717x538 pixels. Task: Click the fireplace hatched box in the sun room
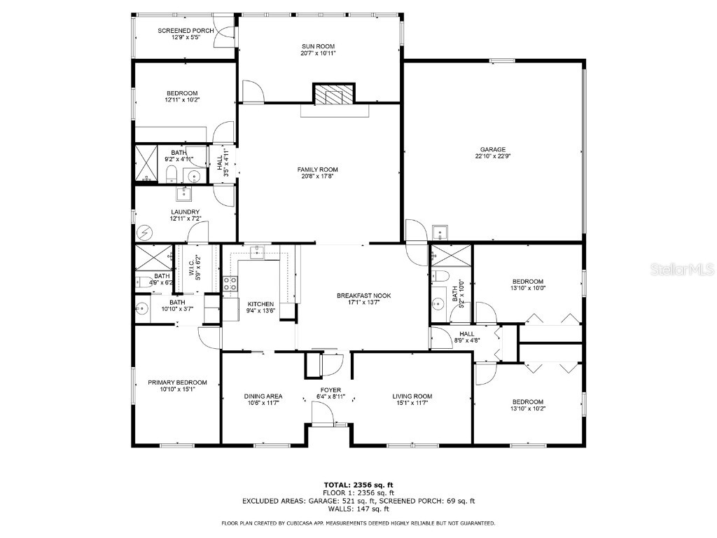[334, 93]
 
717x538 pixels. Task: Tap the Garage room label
[493, 149]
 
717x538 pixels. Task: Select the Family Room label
[318, 170]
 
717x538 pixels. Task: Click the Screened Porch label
[186, 31]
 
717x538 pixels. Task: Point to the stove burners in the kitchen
[230, 284]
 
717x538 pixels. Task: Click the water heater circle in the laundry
[145, 233]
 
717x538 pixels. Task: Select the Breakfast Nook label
[364, 296]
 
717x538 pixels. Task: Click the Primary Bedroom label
[177, 382]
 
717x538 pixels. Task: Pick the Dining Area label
[263, 396]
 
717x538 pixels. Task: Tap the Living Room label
[412, 396]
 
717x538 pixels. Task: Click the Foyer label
[330, 389]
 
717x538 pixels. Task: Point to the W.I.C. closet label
[191, 268]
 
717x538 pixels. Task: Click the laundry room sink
[184, 194]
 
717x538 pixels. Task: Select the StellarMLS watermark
[682, 269]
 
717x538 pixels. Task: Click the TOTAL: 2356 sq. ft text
[358, 485]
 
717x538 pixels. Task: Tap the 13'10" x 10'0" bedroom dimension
[528, 288]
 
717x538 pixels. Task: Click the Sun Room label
[319, 46]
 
